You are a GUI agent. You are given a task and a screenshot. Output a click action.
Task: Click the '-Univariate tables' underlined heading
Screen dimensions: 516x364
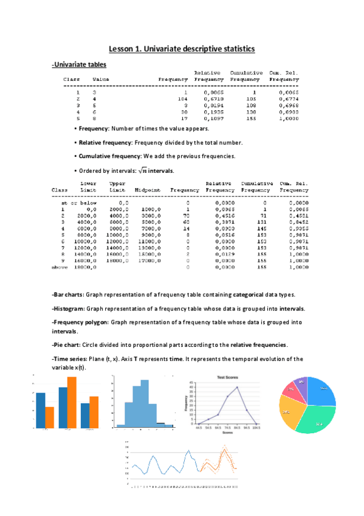pos(79,64)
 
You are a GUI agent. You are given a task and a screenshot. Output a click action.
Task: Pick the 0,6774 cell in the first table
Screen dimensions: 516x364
pos(284,98)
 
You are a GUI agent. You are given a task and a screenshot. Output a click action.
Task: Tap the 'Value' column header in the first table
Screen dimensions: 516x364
pos(101,79)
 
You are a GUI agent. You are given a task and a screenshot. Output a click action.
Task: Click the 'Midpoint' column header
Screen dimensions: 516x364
pos(147,190)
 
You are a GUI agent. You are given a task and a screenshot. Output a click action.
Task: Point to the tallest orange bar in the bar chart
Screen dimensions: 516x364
pos(71,402)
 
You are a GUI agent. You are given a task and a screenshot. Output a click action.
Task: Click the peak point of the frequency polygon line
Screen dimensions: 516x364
pos(237,388)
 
